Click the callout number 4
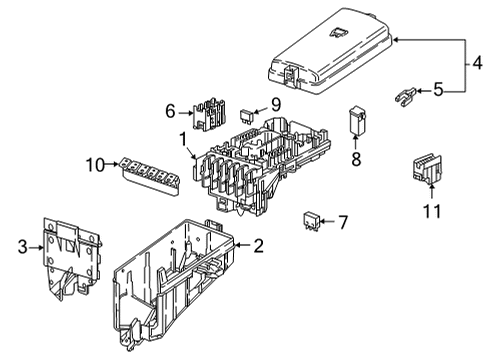click(477, 63)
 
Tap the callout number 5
click(438, 90)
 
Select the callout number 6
click(170, 111)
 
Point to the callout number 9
click(276, 105)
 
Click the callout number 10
click(95, 165)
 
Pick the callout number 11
click(432, 211)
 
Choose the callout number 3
click(22, 247)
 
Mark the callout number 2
click(258, 246)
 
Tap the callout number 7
click(343, 222)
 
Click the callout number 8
click(356, 159)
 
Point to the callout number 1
click(184, 139)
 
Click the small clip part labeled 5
click(405, 97)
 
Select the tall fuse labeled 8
click(357, 121)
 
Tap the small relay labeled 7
click(311, 220)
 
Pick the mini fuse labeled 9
click(247, 115)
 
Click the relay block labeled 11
click(427, 169)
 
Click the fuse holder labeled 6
click(209, 114)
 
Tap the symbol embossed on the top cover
click(338, 32)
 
